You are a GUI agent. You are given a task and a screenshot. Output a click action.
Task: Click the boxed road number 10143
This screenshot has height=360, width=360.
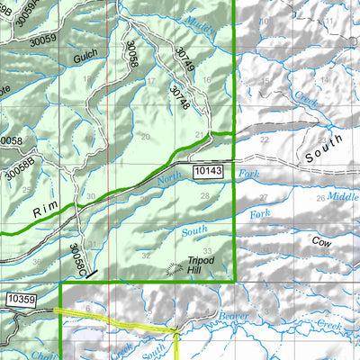point(207,169)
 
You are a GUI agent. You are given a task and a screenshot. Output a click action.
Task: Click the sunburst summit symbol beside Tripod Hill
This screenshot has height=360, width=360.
point(175,267)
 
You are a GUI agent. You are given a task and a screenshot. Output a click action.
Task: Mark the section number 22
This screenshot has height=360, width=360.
point(264,139)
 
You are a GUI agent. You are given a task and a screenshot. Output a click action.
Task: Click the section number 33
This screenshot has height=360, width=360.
point(208,251)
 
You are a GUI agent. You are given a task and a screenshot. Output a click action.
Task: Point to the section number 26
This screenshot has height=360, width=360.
point(320,198)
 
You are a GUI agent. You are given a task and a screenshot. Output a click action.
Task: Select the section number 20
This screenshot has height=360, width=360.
point(146,136)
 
